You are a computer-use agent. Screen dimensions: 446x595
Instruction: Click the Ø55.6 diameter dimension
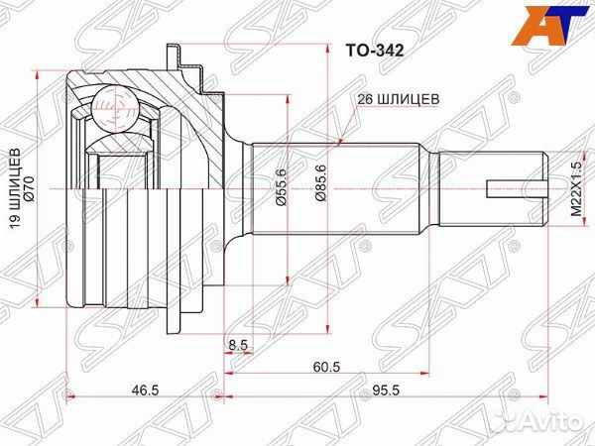pyautogui.click(x=281, y=185)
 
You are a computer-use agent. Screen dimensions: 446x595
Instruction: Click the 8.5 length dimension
pyautogui.click(x=237, y=345)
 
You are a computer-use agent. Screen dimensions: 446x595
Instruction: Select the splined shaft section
pyautogui.click(x=342, y=186)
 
